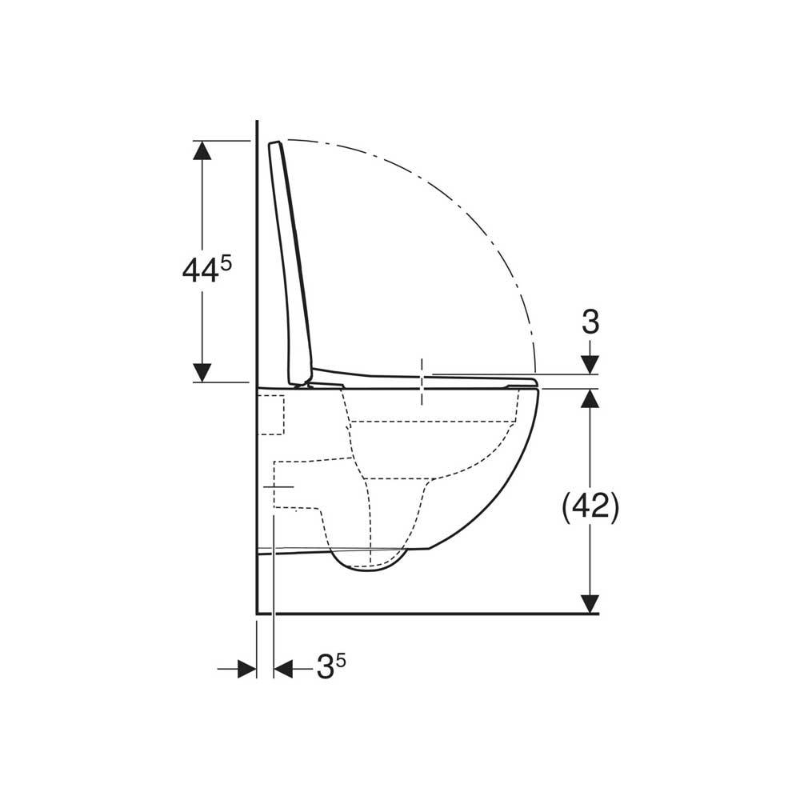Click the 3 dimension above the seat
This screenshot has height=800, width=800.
pyautogui.click(x=590, y=322)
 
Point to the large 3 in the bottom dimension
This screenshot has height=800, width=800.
pyautogui.click(x=325, y=667)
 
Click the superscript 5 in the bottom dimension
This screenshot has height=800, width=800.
pyautogui.click(x=340, y=662)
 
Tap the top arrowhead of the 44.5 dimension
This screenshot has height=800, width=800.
pyautogui.click(x=202, y=150)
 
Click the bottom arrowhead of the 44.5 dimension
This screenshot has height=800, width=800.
pyautogui.click(x=202, y=373)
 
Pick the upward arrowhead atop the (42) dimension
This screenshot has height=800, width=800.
pyautogui.click(x=590, y=398)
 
